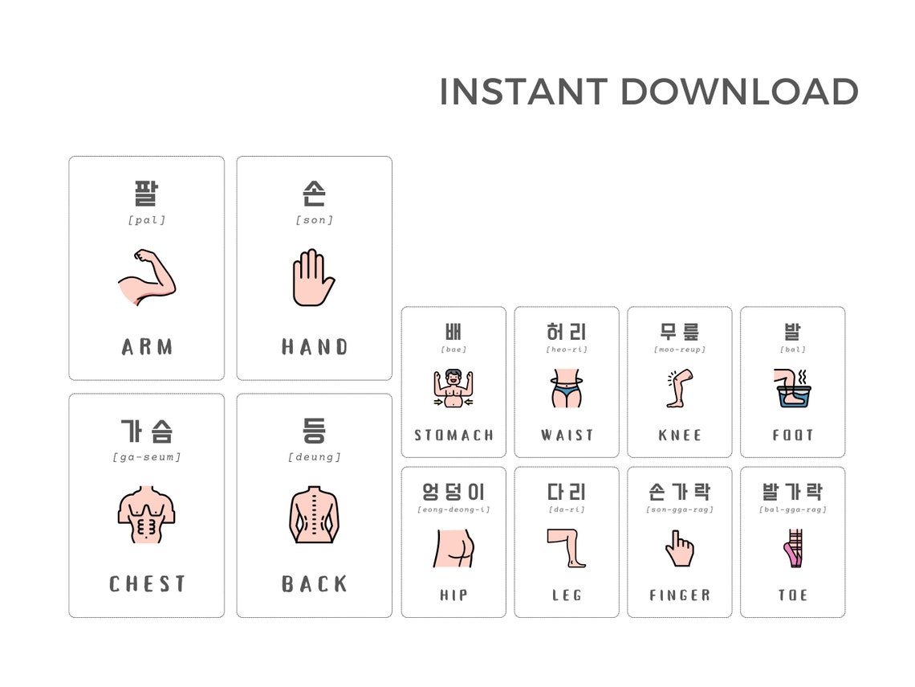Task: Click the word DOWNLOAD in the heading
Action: click(x=739, y=92)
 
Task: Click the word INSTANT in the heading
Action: click(x=523, y=92)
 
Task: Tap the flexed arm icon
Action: click(x=146, y=278)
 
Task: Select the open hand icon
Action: click(x=313, y=277)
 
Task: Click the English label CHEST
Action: click(x=147, y=584)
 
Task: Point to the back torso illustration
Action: click(x=314, y=514)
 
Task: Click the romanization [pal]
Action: click(x=147, y=220)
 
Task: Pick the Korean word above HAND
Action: click(x=314, y=194)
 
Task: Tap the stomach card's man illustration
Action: click(x=453, y=389)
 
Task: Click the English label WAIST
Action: click(x=567, y=436)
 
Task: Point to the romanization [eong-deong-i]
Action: click(x=453, y=509)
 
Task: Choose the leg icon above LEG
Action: click(x=567, y=548)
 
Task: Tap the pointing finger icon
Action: click(x=679, y=548)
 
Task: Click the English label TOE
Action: click(x=793, y=595)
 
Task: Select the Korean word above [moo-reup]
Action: click(x=679, y=331)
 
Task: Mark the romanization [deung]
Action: click(x=314, y=457)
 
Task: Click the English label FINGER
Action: click(x=679, y=595)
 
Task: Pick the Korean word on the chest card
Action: click(x=147, y=431)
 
